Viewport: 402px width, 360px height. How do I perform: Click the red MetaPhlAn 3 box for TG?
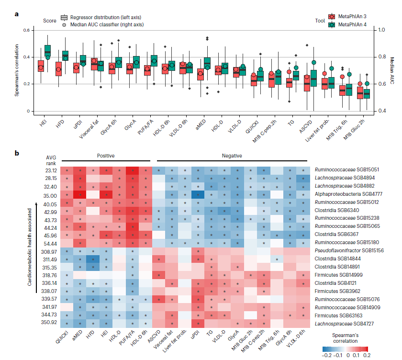pos(289,82)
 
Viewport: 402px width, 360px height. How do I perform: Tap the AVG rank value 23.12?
pos(50,170)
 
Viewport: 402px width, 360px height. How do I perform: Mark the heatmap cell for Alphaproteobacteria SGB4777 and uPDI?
pos(198,194)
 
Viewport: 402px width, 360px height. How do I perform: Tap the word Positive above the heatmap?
pos(106,156)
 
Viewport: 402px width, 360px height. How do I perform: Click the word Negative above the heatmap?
pos(231,156)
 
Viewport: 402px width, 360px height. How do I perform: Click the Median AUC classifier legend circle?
pos(64,24)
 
